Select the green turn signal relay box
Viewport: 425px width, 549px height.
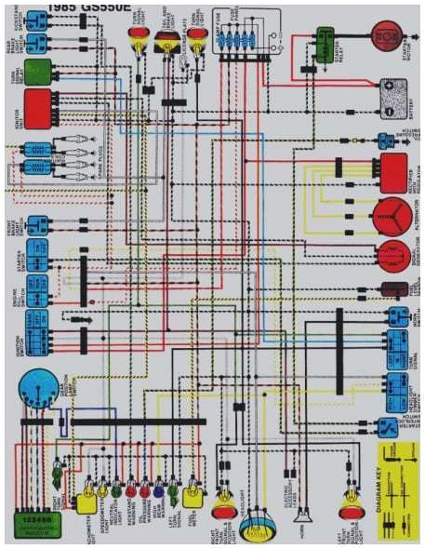pos(37,72)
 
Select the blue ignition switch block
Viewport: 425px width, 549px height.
pos(38,334)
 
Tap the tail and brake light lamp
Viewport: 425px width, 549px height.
pos(167,41)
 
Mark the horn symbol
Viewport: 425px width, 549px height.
pos(302,516)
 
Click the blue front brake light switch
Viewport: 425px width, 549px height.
pos(38,224)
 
